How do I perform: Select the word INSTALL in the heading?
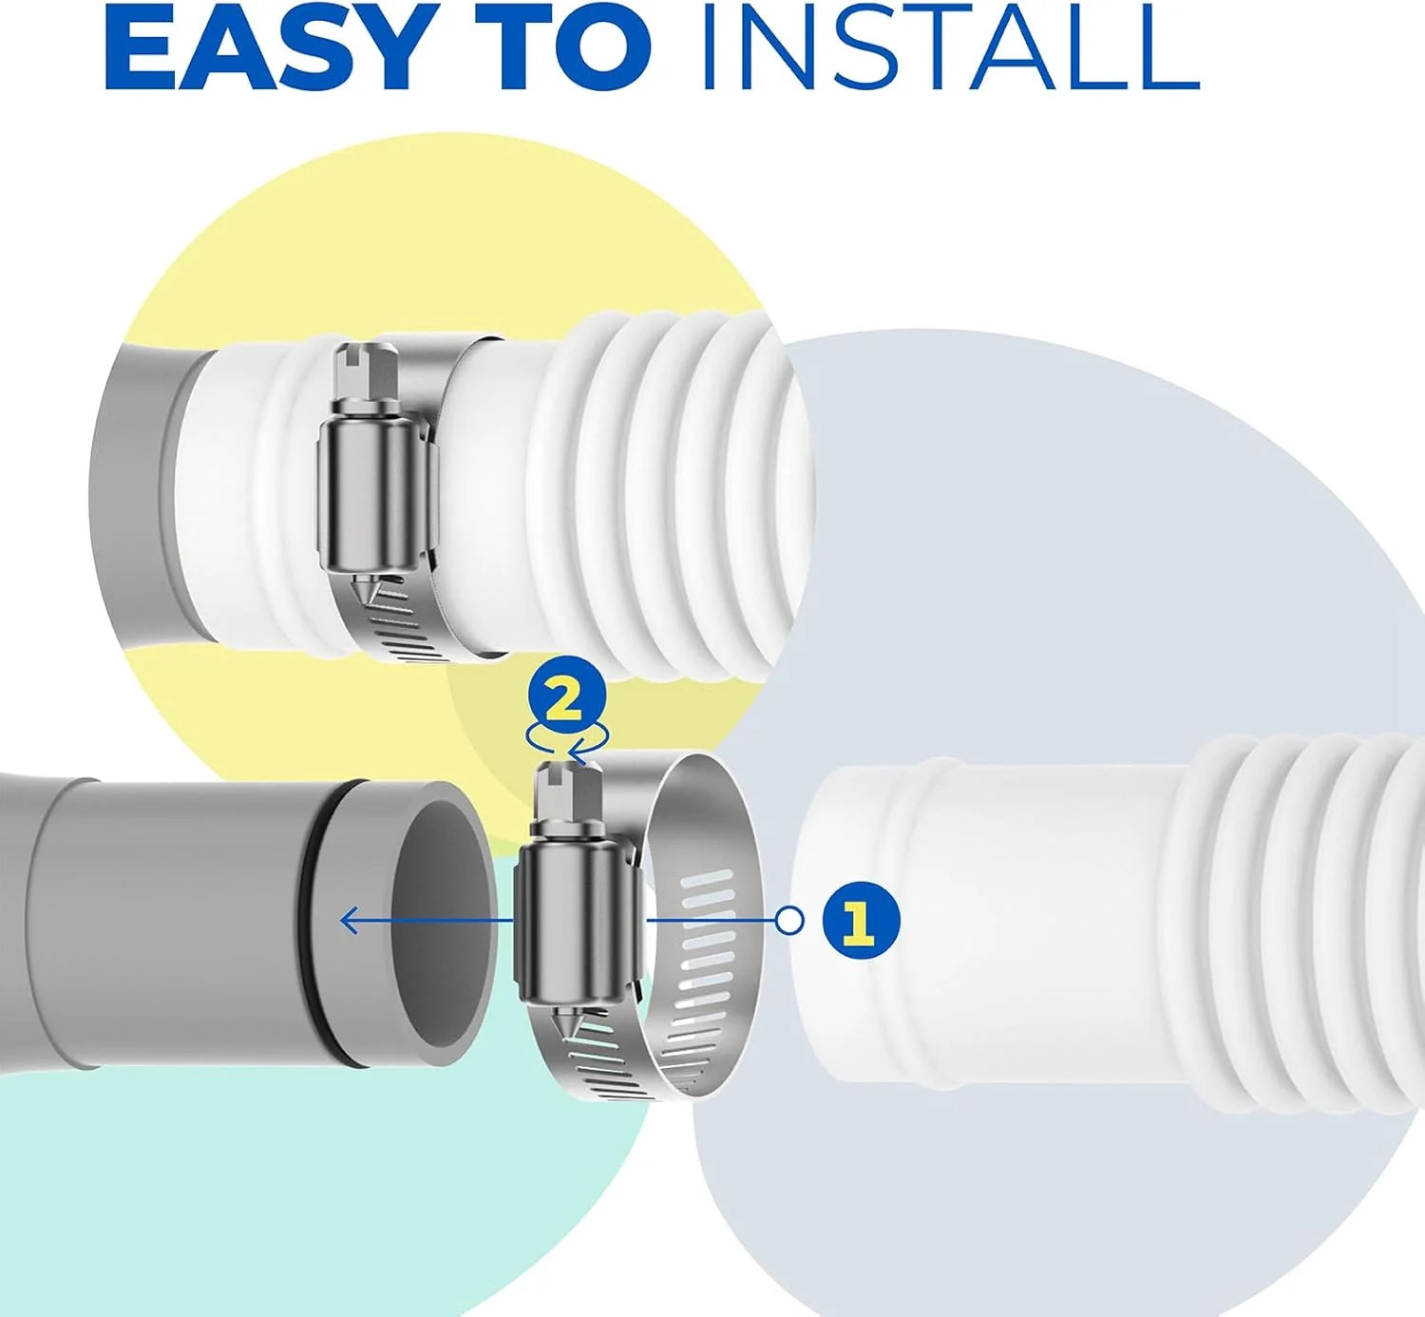point(951,51)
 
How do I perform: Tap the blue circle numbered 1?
point(861,921)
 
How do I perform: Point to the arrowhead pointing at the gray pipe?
point(350,920)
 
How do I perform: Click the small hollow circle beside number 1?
point(790,920)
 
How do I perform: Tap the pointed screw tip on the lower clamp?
point(568,1033)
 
